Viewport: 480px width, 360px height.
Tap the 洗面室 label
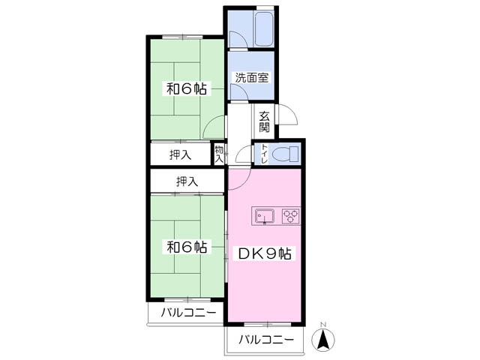[x=251, y=77]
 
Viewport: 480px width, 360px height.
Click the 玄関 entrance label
[x=264, y=121]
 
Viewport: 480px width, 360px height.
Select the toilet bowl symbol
[x=284, y=154]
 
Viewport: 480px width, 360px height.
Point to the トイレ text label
[x=264, y=154]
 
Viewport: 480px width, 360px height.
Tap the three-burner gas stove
[x=291, y=216]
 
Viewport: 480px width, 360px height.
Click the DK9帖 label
[x=265, y=253]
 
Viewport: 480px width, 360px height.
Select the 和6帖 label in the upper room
[x=186, y=88]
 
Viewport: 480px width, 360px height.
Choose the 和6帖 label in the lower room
[x=186, y=246]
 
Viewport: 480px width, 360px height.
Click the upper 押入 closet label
[x=180, y=154]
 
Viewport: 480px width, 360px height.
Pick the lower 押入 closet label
[x=187, y=181]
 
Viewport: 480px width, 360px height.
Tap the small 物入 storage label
[x=219, y=154]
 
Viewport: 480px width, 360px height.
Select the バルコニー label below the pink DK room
[x=266, y=340]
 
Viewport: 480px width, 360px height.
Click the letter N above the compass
[x=323, y=324]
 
